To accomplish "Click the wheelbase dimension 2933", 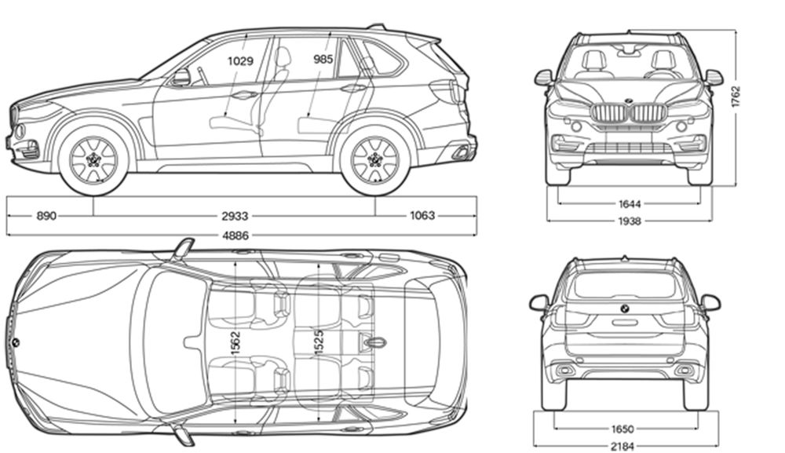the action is (235, 216).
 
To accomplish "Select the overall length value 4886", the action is (235, 236).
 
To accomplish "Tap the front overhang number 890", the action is (46, 216).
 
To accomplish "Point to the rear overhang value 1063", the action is (422, 216).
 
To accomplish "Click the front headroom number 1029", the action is (240, 61).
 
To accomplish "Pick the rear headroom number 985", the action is (323, 60).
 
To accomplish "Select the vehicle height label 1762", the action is (735, 97).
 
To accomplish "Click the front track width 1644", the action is (630, 203).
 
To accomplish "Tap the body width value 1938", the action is (630, 221).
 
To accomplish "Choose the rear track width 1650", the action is (623, 429).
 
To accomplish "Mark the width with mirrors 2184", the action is (623, 445).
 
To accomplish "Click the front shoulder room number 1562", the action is (235, 343).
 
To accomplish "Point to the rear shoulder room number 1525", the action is (319, 343).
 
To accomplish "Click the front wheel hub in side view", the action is (93, 160).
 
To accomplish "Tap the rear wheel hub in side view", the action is (374, 160).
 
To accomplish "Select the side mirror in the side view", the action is (181, 77).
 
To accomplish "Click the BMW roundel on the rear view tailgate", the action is (624, 309).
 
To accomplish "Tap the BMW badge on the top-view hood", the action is (16, 342).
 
